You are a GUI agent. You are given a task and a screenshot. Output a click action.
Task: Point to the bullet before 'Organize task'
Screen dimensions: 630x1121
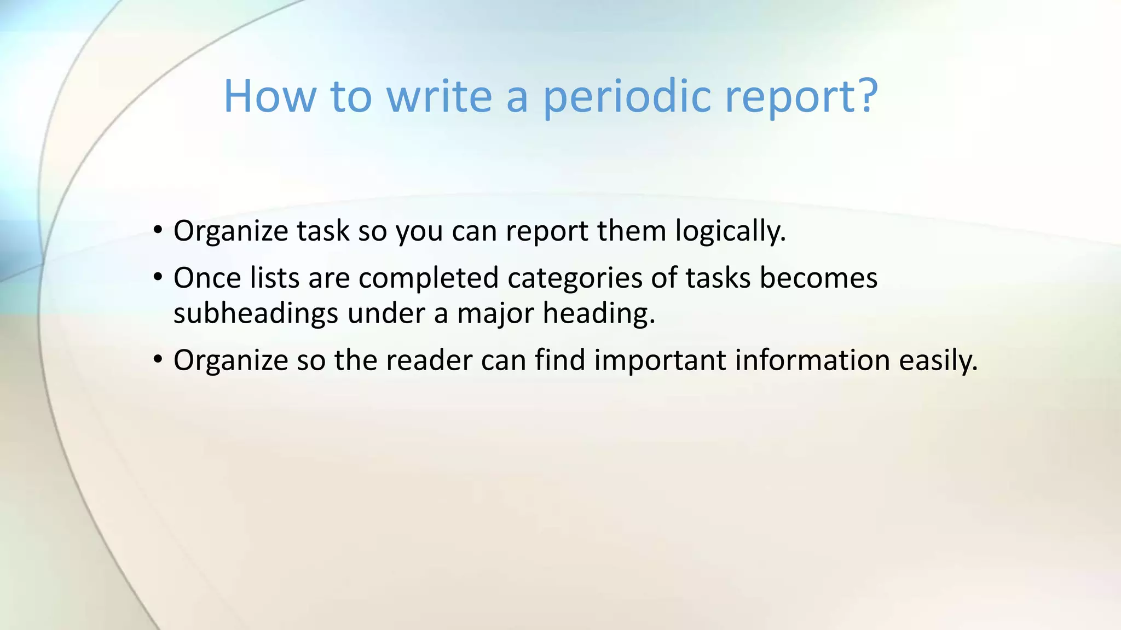click(x=158, y=230)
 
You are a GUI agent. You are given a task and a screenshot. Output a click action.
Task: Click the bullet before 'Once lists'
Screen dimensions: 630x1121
click(x=158, y=277)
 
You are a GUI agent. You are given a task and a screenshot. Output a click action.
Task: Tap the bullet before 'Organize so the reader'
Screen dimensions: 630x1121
click(x=158, y=359)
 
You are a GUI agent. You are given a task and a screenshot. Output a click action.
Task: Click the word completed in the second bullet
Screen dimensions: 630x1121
click(x=428, y=278)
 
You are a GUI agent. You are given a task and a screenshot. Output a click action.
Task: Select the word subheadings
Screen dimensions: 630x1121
click(x=256, y=314)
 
